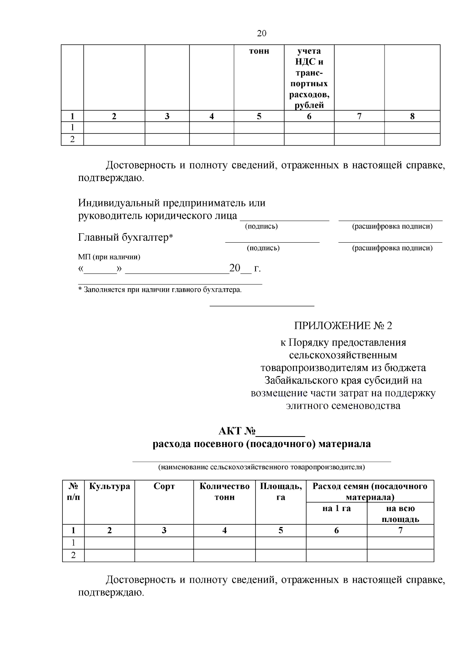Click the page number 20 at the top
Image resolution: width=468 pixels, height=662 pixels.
(x=262, y=34)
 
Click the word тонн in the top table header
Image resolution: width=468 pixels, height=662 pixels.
(x=259, y=51)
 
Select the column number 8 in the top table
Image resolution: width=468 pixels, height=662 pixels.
(x=412, y=116)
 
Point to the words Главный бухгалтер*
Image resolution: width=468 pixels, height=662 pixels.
(x=126, y=238)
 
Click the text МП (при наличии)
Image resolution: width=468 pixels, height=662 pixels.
(x=109, y=257)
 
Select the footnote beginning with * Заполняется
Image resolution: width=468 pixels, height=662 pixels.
(x=160, y=290)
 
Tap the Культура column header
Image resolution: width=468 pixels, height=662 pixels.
(x=110, y=486)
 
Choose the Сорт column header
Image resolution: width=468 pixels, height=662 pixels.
(x=164, y=486)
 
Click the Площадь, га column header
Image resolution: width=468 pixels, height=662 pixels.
(x=281, y=492)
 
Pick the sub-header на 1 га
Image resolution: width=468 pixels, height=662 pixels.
(x=336, y=509)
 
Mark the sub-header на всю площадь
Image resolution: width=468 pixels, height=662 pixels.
(x=400, y=514)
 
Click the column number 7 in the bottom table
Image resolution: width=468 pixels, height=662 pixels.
(x=400, y=530)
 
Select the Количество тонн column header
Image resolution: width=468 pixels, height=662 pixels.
(x=224, y=492)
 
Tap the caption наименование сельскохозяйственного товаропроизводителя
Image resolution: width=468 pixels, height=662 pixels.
(x=261, y=467)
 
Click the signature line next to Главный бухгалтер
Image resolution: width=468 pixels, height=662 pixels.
(x=272, y=241)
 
